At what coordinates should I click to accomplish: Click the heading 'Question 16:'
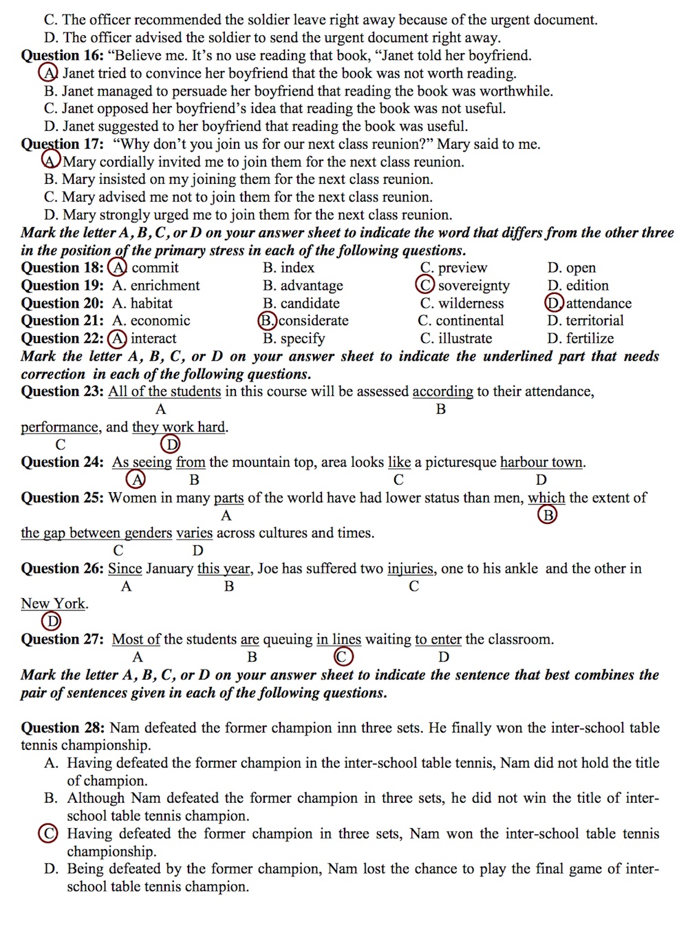coord(62,56)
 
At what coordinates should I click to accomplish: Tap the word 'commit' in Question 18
coord(155,268)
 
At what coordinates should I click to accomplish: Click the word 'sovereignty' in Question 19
coord(473,286)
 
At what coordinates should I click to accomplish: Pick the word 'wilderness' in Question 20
coord(471,304)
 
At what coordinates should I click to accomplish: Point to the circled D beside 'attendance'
coord(554,303)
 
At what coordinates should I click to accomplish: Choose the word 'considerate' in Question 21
coord(313,321)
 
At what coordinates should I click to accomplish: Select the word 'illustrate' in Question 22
coord(465,339)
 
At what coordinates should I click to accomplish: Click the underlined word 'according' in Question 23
coord(442,392)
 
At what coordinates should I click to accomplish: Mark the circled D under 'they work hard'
coord(170,445)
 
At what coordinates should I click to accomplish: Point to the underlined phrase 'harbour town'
coord(541,463)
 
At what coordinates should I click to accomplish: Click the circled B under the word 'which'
coord(548,515)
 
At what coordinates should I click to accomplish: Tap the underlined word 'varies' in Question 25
coord(195,533)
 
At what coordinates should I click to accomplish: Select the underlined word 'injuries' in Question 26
coord(410,569)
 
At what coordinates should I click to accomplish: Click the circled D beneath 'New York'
coord(52,622)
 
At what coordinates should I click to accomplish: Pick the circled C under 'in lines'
coord(342,657)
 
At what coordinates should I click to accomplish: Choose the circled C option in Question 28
coord(48,834)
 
